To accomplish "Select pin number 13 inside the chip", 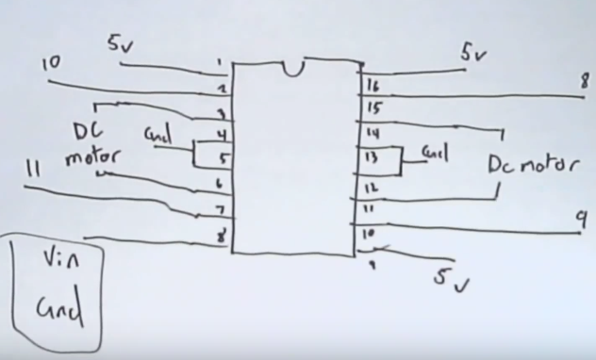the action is tap(370, 156).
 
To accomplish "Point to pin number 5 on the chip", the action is tap(223, 158).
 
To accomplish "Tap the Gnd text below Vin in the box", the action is tap(58, 308).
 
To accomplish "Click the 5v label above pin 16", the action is tap(473, 55).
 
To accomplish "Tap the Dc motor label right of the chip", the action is tap(532, 165).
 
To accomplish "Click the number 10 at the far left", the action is tap(52, 64).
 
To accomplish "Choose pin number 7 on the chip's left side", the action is tap(221, 208).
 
